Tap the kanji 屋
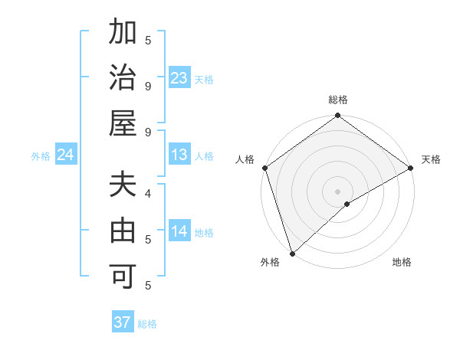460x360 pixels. coord(123,123)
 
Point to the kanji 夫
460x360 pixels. coord(123,186)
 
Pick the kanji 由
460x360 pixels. coord(123,231)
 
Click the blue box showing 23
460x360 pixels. coord(179,78)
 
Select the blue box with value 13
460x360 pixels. coord(179,155)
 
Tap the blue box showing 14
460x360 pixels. coord(179,231)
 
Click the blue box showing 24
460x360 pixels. coord(65,155)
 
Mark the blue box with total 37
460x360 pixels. coord(122,322)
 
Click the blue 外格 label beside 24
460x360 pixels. coord(41,156)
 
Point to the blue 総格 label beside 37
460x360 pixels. coord(147,324)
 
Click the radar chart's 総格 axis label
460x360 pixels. coord(337,100)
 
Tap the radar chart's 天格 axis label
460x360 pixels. coord(431,159)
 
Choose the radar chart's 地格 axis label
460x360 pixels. coord(402,263)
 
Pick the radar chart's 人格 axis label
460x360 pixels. coord(245,159)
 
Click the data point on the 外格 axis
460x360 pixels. coord(291,253)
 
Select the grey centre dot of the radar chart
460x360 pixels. coord(337,191)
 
